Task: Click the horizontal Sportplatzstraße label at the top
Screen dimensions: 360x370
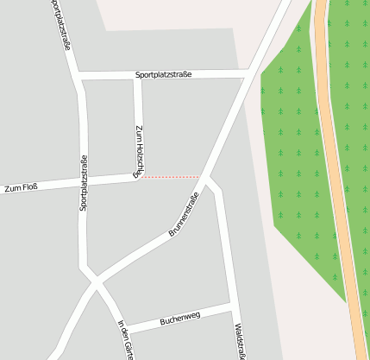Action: pyautogui.click(x=163, y=75)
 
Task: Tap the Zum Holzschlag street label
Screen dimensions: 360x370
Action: pyautogui.click(x=140, y=150)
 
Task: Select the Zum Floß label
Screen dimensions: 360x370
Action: pyautogui.click(x=21, y=186)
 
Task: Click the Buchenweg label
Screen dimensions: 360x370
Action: pyautogui.click(x=180, y=319)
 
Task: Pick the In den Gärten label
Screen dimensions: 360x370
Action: pyautogui.click(x=126, y=339)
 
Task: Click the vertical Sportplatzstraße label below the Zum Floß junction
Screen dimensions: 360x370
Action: pyautogui.click(x=84, y=182)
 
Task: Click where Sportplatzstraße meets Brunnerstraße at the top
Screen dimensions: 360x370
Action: pyautogui.click(x=251, y=74)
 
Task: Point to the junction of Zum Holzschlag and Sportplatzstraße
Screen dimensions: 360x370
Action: pyautogui.click(x=138, y=76)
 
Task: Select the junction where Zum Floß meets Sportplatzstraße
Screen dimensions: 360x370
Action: pyautogui.click(x=84, y=182)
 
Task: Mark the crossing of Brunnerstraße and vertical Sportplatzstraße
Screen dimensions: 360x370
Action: pyautogui.click(x=94, y=281)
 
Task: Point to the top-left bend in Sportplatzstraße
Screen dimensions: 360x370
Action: pyautogui.click(x=79, y=78)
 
